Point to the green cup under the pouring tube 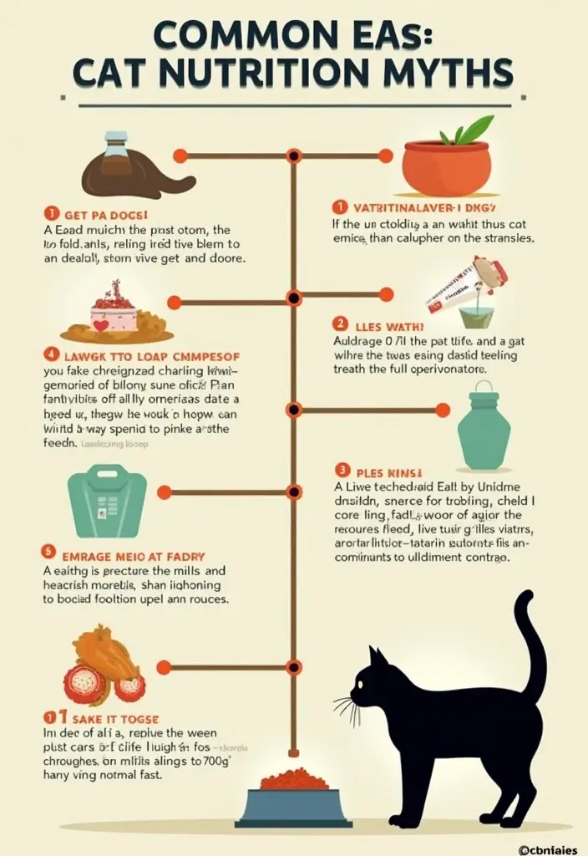[476, 316]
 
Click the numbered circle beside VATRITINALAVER [339, 206]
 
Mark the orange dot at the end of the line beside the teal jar [443, 410]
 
